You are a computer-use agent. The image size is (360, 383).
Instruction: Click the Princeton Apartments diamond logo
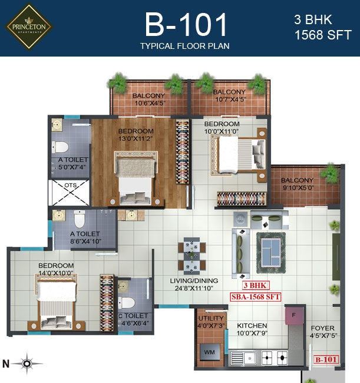click(28, 27)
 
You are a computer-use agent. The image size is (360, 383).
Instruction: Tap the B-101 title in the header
click(186, 25)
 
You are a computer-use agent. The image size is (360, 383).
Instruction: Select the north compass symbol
click(27, 364)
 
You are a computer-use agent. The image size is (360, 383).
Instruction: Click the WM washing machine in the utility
click(210, 352)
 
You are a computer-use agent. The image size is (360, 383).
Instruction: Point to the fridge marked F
click(294, 315)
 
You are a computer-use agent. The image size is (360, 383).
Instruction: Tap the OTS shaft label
click(70, 186)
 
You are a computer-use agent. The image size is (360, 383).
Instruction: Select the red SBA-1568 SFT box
click(256, 297)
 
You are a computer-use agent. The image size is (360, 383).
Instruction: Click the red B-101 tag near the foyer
click(326, 359)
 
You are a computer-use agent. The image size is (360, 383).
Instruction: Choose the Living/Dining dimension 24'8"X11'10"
click(194, 288)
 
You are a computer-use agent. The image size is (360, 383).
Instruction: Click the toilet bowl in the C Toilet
click(127, 303)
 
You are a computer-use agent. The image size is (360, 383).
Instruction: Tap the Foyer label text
click(322, 328)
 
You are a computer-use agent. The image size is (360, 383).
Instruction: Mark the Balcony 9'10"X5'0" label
click(297, 184)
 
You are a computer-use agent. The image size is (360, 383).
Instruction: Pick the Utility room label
click(211, 318)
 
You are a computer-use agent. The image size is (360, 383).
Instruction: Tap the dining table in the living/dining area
click(191, 256)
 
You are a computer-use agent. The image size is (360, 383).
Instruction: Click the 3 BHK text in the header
click(313, 20)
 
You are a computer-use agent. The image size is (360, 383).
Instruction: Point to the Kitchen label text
click(252, 326)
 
